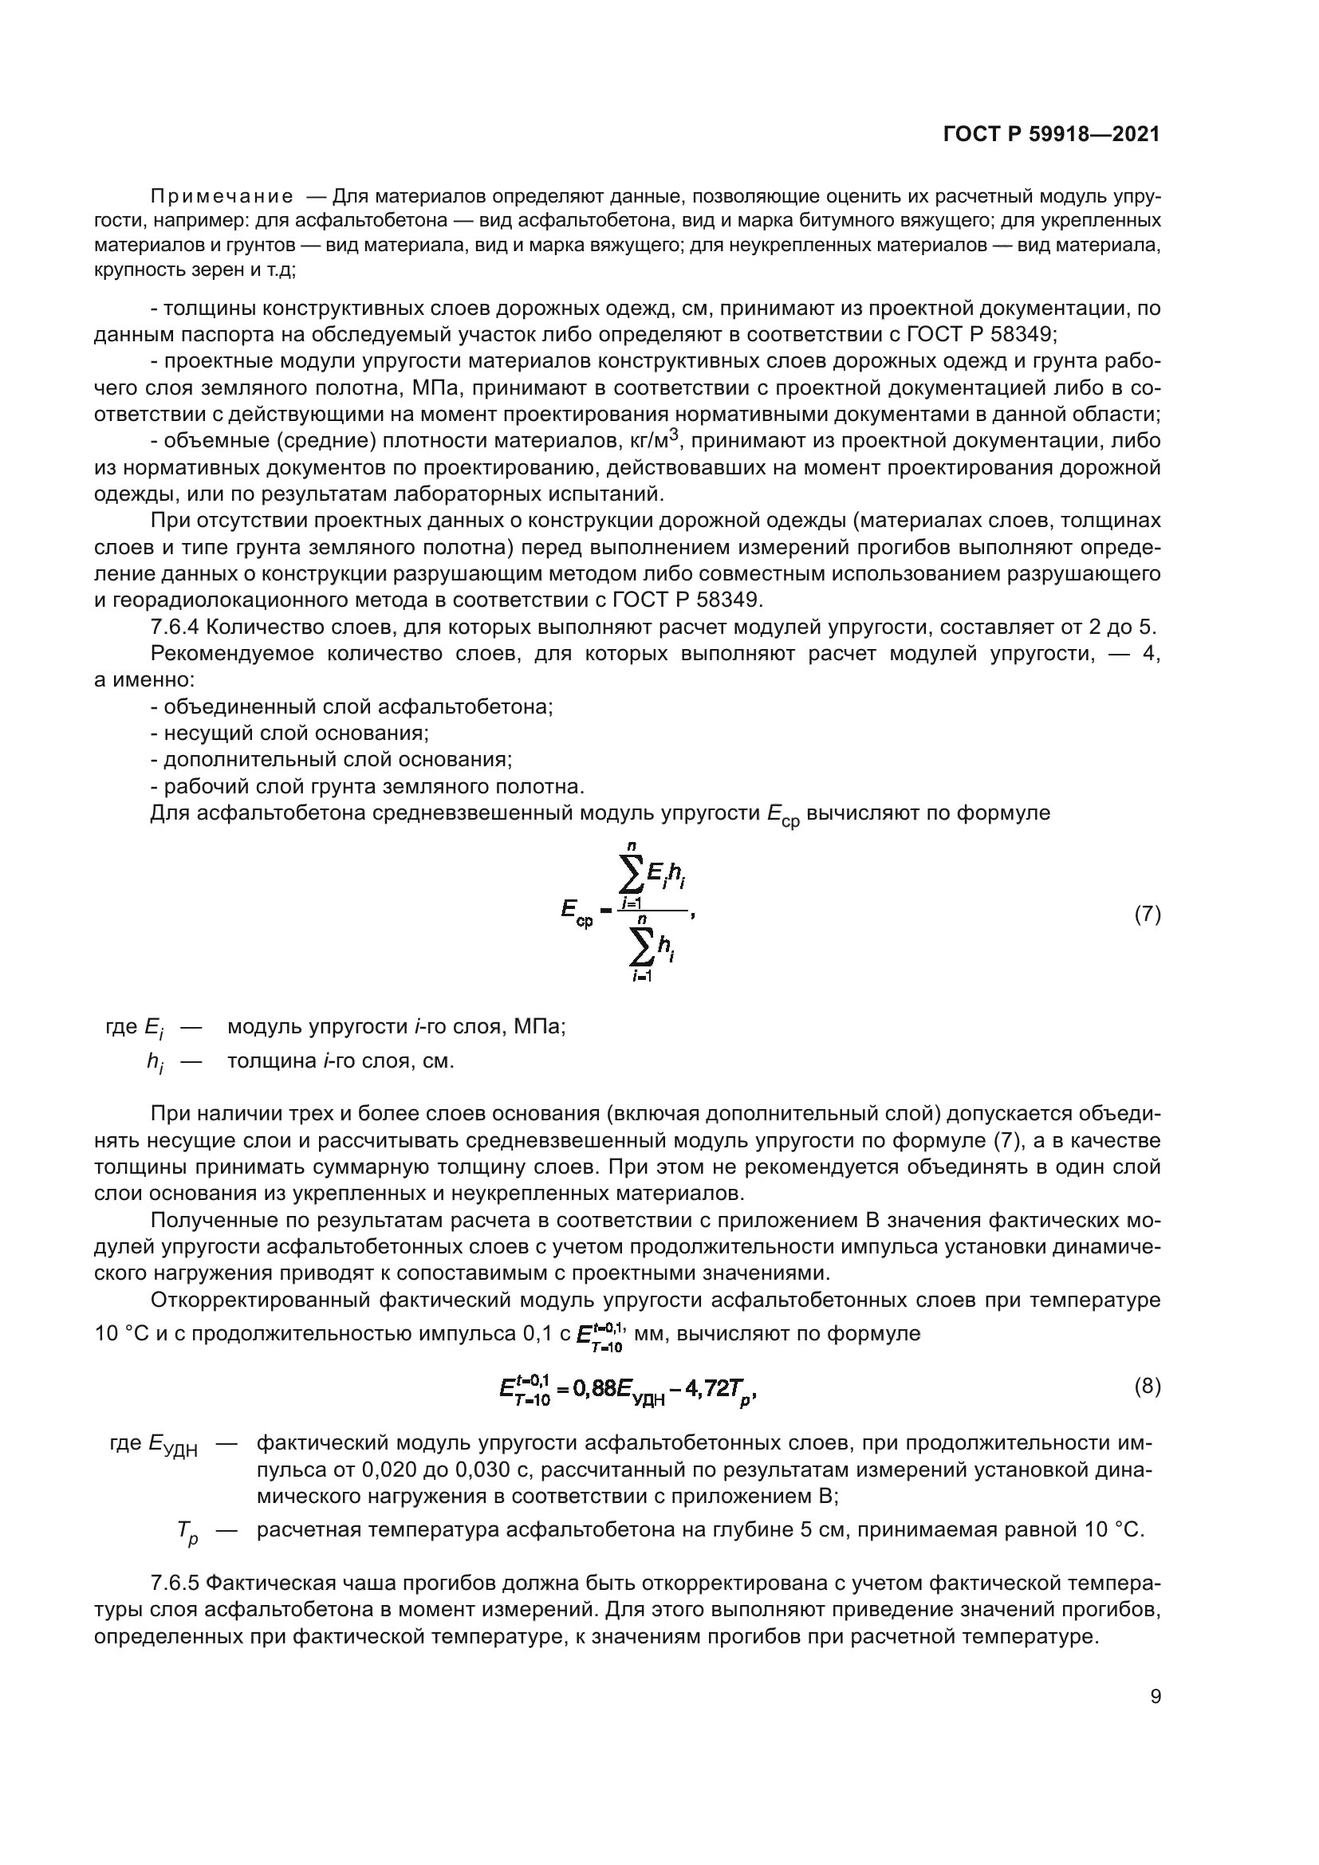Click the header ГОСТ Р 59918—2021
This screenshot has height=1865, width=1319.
click(1051, 135)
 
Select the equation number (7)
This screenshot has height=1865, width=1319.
click(1147, 915)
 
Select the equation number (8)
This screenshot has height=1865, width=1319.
click(1147, 1387)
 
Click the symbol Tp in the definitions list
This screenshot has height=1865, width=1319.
click(187, 1531)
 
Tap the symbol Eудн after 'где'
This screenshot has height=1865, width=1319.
click(173, 1445)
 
